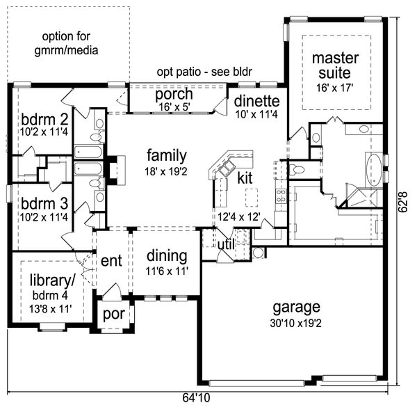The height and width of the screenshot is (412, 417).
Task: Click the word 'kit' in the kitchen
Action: (x=245, y=178)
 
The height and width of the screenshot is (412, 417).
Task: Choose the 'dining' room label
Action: (x=167, y=255)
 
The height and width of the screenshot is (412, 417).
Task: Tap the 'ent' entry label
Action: (x=111, y=261)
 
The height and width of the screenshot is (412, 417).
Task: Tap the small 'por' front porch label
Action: (x=113, y=313)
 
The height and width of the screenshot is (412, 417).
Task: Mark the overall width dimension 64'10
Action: (x=197, y=398)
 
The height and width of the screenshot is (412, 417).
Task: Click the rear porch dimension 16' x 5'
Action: (x=174, y=106)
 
